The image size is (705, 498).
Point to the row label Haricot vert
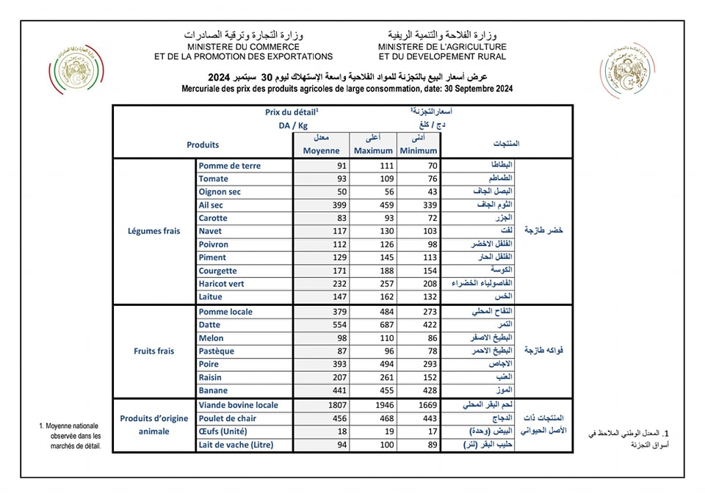point(221,284)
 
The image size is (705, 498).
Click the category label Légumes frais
point(154,231)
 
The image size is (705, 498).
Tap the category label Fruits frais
point(154,351)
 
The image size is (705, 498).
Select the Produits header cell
point(203,145)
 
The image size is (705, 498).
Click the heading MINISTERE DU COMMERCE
point(243,46)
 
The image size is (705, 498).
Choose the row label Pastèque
point(217,351)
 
